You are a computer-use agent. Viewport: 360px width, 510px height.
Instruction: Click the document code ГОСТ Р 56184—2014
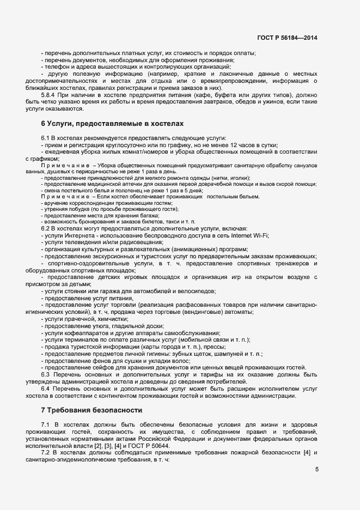pyautogui.click(x=287, y=38)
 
